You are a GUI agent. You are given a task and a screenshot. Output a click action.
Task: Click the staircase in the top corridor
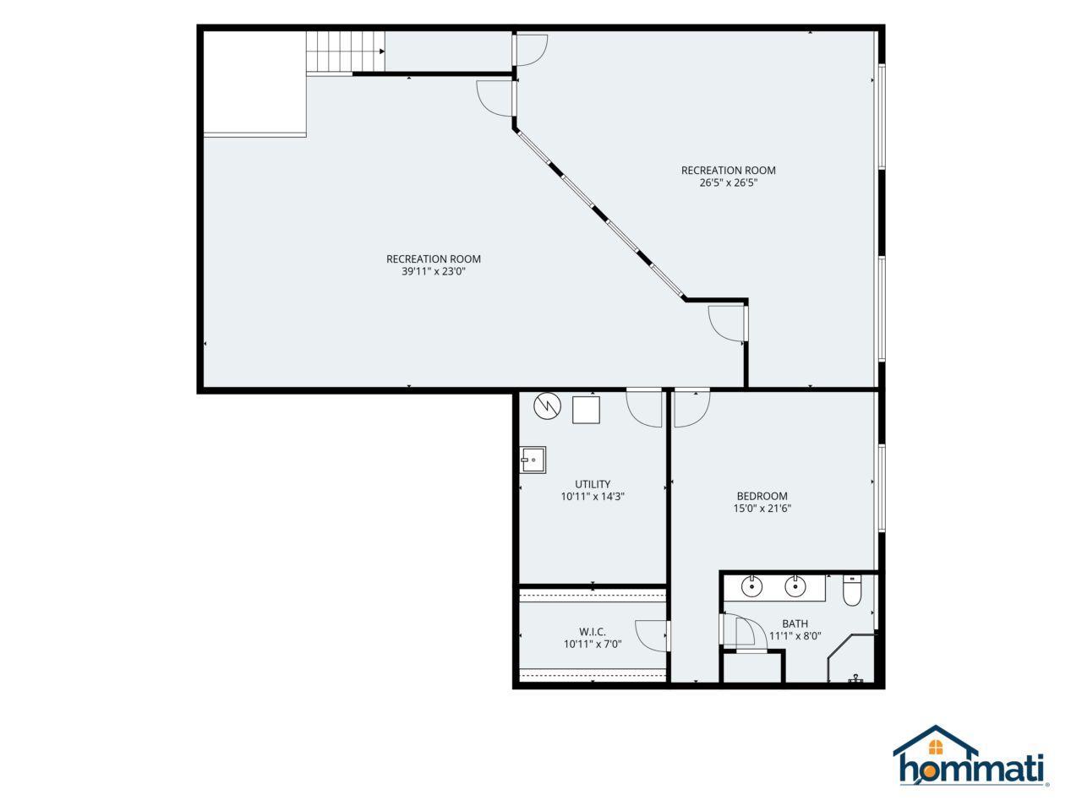click(346, 52)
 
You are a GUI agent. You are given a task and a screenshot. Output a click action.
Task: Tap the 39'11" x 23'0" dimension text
click(434, 271)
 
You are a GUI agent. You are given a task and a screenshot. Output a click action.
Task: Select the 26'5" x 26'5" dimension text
click(728, 182)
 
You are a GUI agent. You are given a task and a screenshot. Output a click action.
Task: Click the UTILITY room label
click(593, 484)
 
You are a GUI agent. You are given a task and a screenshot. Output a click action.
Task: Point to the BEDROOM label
click(762, 496)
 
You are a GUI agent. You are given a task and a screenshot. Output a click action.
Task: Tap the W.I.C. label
click(593, 631)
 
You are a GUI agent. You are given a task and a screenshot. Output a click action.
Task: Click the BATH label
click(795, 623)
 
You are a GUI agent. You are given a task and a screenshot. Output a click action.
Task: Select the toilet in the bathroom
click(851, 590)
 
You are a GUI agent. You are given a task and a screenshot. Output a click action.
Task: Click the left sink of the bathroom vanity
click(751, 586)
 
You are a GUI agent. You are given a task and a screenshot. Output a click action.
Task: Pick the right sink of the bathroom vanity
click(795, 586)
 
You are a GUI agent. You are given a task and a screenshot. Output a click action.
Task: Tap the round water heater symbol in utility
click(547, 405)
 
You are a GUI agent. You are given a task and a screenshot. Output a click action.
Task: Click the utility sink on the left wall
click(533, 460)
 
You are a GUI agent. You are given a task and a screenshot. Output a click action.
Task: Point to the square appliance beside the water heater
click(586, 410)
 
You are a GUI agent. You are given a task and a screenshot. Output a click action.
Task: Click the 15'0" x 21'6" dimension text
click(762, 509)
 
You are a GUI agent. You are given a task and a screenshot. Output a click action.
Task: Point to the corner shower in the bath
click(851, 659)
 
